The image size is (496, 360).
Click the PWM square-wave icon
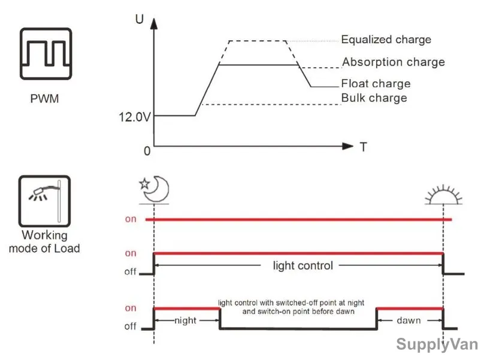click(46, 54)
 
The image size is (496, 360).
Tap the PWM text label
click(44, 99)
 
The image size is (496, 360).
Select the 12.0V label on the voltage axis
click(135, 117)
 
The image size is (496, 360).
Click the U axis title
click(140, 19)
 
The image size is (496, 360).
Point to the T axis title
click(364, 147)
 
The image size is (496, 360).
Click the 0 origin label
click(147, 151)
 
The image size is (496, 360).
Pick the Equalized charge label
click(386, 40)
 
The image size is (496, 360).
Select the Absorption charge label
click(394, 62)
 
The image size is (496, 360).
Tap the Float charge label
click(376, 83)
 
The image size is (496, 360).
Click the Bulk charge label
click(374, 98)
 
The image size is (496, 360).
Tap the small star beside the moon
click(144, 184)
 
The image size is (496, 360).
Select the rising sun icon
click(443, 194)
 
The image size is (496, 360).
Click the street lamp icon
click(44, 201)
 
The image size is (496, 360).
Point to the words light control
click(303, 265)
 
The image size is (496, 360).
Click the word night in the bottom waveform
click(185, 320)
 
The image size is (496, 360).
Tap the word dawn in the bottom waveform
click(409, 320)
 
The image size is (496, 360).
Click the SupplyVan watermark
click(437, 344)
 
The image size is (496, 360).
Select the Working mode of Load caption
click(44, 241)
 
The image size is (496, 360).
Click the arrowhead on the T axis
click(348, 146)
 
